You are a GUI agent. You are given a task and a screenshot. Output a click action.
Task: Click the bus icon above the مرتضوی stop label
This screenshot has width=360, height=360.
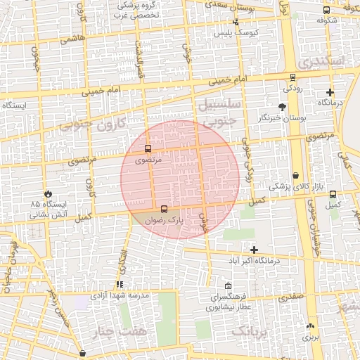tap(148, 149)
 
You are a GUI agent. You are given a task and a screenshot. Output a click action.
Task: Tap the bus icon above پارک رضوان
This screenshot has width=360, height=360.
tap(164, 209)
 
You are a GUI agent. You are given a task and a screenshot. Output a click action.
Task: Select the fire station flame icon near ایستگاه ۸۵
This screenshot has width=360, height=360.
tap(49, 193)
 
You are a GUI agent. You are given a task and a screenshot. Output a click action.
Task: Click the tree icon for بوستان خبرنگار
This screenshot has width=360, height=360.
tap(282, 107)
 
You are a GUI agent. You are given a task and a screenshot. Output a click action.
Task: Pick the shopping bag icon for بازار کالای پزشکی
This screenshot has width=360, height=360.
tap(295, 175)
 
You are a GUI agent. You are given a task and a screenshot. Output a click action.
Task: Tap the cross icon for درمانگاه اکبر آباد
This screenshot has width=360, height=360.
tap(254, 250)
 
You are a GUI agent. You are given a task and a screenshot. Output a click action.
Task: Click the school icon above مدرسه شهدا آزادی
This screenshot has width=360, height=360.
tap(120, 285)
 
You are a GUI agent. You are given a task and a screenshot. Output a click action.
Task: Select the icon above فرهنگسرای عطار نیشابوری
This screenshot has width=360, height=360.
tap(228, 286)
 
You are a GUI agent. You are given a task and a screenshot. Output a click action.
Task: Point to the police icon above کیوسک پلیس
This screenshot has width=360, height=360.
tap(236, 22)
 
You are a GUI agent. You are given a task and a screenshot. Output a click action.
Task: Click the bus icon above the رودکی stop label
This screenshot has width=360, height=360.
tap(292, 77)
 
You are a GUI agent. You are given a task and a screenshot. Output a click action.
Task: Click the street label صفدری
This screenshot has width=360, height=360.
tap(290, 297)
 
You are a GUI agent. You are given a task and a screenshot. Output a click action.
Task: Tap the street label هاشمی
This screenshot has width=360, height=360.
tap(72, 39)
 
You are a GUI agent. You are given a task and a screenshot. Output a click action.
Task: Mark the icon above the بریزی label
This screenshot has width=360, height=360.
tap(310, 326)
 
